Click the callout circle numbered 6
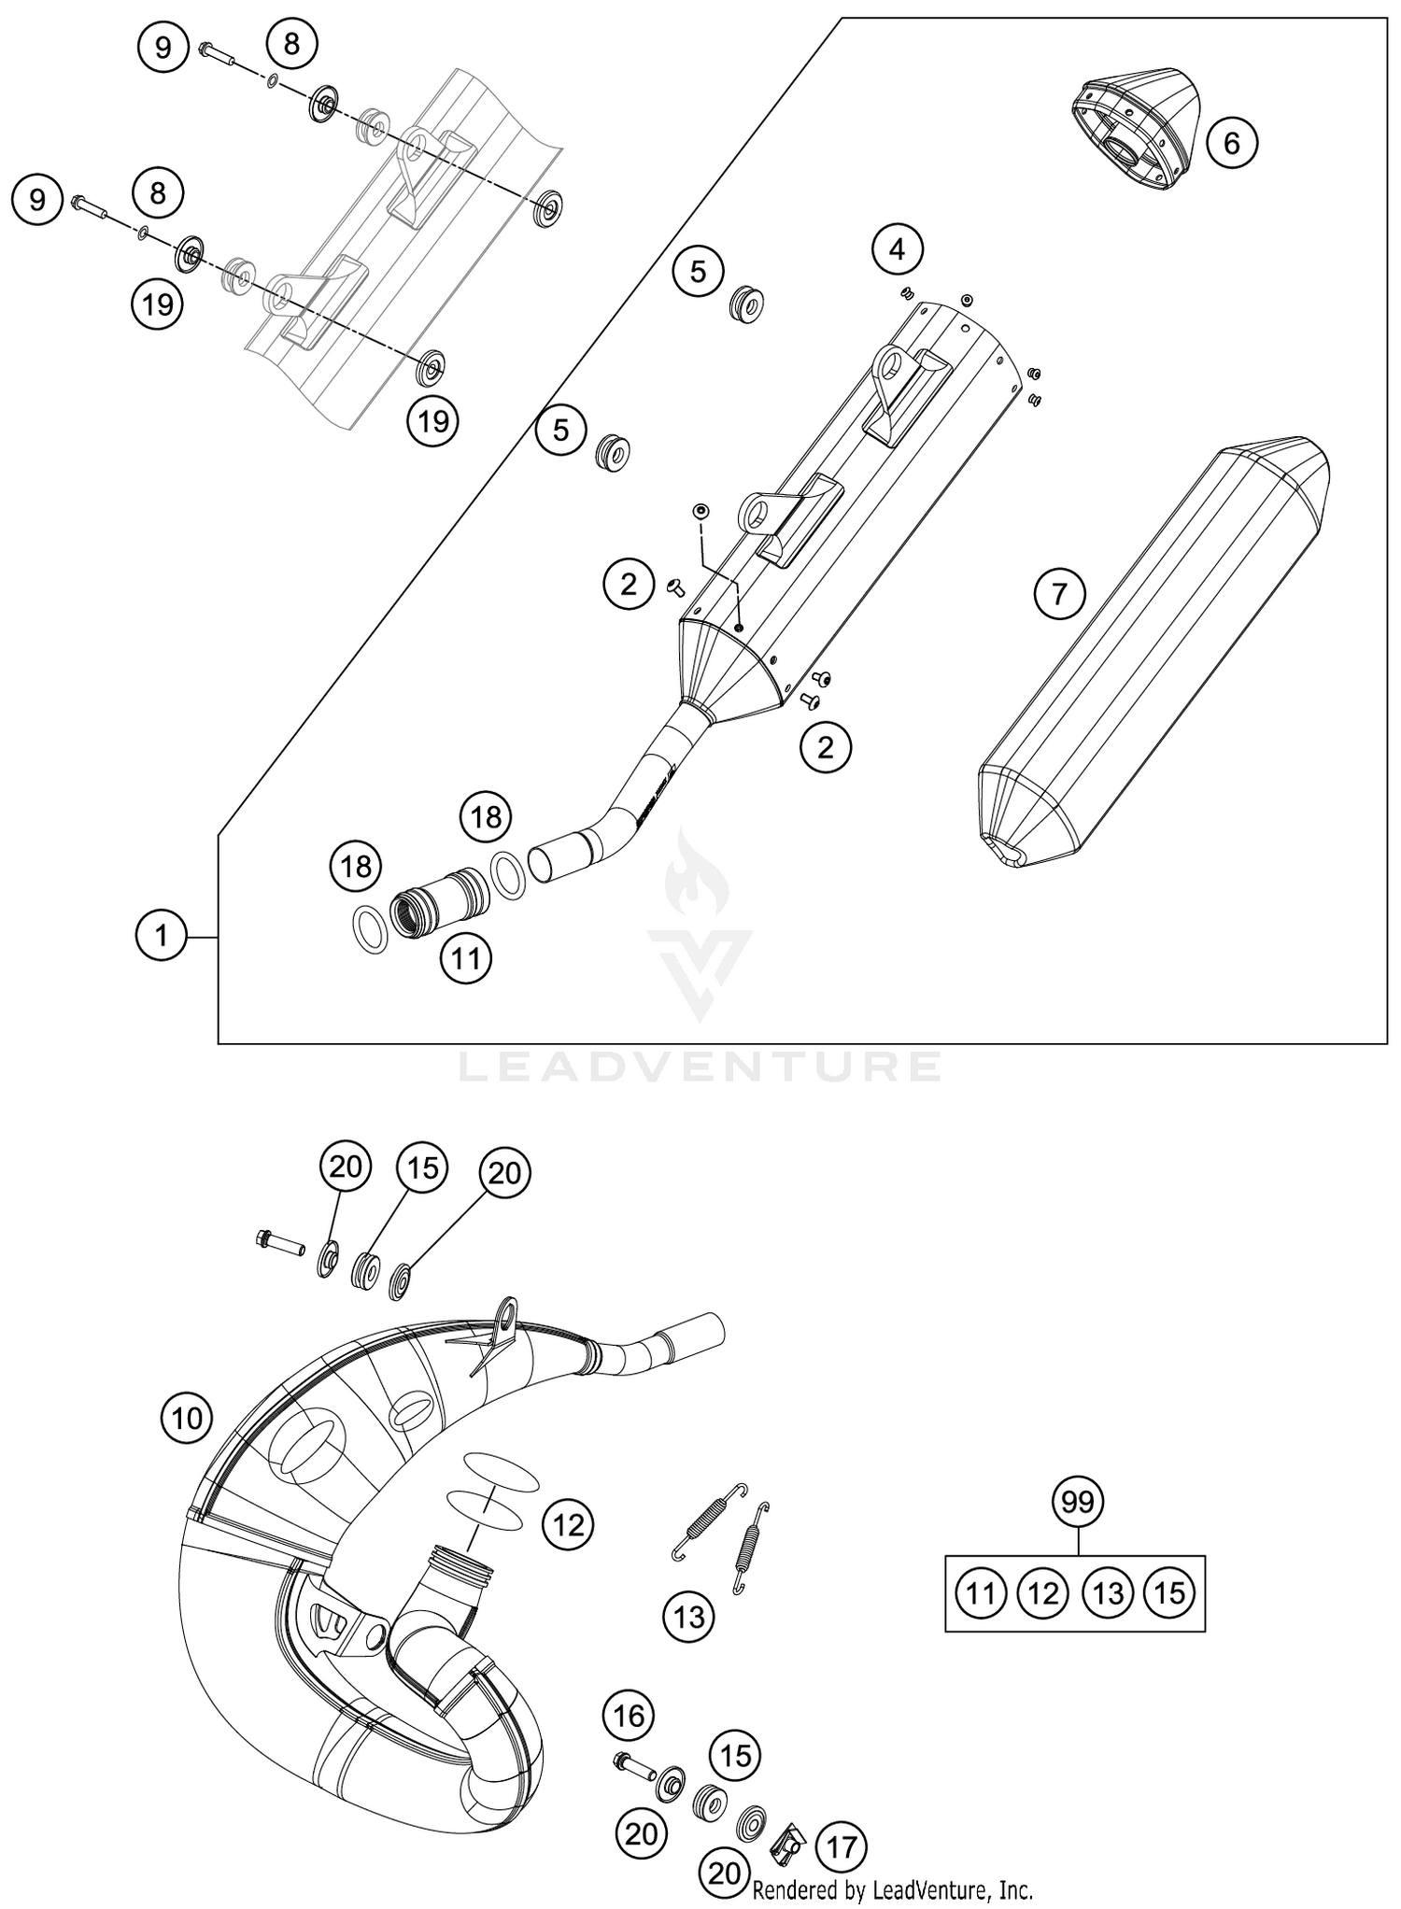(1231, 143)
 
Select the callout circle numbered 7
(1059, 594)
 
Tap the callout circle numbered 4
(897, 249)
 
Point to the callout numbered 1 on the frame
(162, 935)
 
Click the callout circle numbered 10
(187, 1419)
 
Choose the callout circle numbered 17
(842, 1846)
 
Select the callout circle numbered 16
(629, 1715)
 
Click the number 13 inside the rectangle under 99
(1108, 1592)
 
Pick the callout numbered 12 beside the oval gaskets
(568, 1526)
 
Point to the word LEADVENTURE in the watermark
(700, 1066)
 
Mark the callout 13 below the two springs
(689, 1617)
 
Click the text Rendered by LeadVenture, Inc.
(892, 1891)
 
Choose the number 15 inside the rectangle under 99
(1169, 1592)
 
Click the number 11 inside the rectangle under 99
(981, 1592)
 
